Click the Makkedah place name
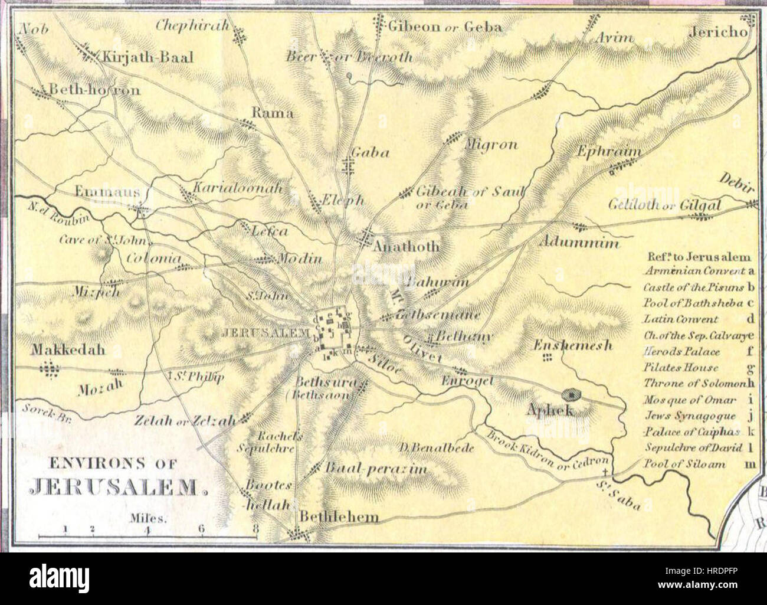click(x=68, y=349)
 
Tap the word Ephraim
click(x=609, y=151)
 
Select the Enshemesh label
click(x=573, y=346)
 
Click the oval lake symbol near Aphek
click(x=571, y=393)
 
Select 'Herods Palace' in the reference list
click(x=681, y=352)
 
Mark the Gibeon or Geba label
click(x=444, y=27)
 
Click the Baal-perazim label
click(x=375, y=469)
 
